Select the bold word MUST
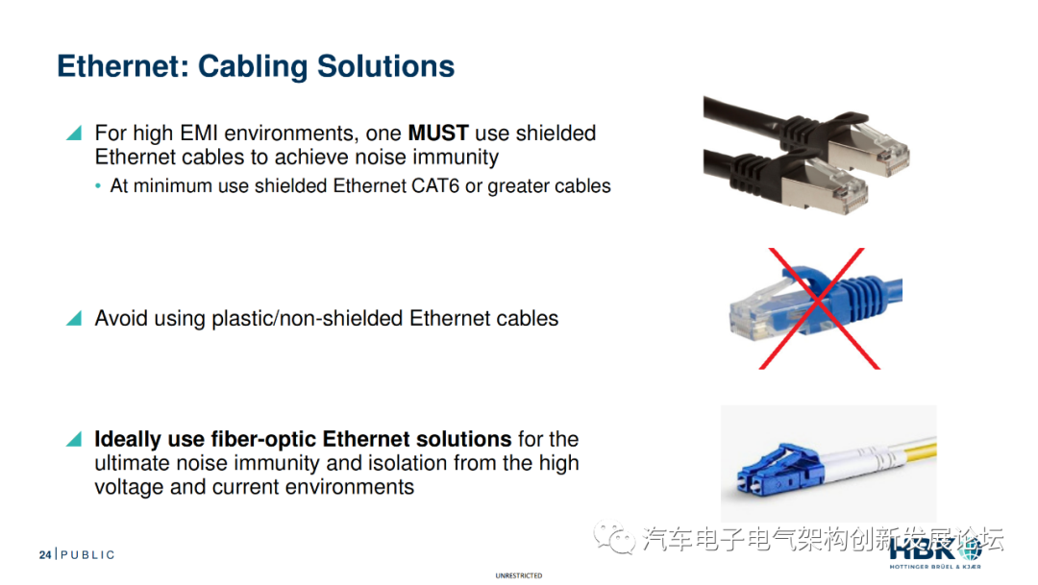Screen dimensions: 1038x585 tap(438, 133)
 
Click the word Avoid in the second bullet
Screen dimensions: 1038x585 tap(121, 318)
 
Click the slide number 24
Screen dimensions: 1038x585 tap(45, 554)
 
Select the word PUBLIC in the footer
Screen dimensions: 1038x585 tap(87, 554)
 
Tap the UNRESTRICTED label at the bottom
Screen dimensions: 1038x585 tap(518, 575)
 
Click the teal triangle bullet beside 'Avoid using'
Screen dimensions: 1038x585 tap(74, 318)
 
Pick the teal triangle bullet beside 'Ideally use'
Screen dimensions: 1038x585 tap(74, 439)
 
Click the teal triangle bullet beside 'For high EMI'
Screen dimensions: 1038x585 tap(74, 133)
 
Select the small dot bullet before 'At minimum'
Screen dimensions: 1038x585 tap(98, 186)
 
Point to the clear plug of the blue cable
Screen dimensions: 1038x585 tap(761, 312)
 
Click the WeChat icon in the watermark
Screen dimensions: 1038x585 tap(614, 537)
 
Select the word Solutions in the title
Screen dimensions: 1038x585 tap(386, 66)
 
